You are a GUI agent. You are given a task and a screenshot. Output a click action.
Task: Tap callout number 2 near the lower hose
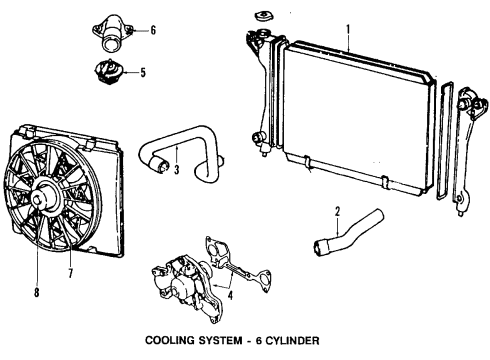coord(338,212)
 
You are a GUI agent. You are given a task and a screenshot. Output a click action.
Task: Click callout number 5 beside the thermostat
coord(142,72)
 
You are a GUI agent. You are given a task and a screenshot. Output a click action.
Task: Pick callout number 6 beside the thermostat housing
coord(152,31)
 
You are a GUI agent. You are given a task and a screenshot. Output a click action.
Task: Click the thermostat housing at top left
coord(112,34)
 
